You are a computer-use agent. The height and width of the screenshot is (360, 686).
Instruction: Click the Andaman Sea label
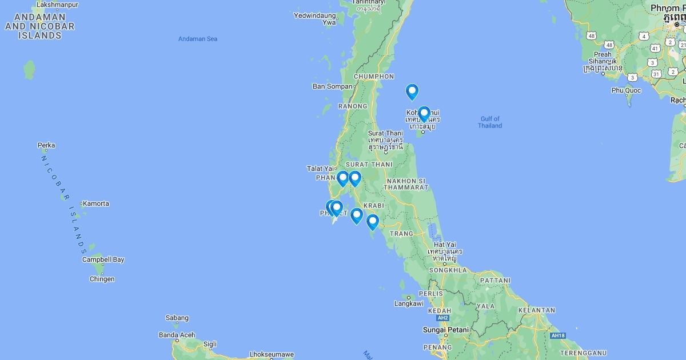(x=198, y=39)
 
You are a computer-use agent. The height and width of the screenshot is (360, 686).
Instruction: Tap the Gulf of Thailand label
(x=490, y=122)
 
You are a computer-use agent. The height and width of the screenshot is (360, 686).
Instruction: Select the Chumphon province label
(x=374, y=77)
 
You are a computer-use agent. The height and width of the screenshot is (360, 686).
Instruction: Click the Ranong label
(x=353, y=106)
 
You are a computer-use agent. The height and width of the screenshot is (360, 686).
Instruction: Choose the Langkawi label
(x=409, y=303)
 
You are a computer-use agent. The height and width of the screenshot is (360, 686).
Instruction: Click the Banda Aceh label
(x=177, y=335)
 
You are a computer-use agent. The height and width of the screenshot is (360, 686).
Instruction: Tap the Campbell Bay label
(x=103, y=259)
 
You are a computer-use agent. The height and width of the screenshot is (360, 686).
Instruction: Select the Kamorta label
(x=96, y=203)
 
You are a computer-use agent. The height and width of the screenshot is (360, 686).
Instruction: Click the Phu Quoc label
(x=626, y=90)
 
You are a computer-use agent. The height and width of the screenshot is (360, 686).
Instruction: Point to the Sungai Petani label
(x=445, y=330)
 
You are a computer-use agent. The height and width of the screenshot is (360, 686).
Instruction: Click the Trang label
(x=401, y=234)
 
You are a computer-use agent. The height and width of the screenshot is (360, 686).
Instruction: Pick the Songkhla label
(x=448, y=270)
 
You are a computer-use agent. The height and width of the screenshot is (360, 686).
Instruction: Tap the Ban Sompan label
(x=333, y=86)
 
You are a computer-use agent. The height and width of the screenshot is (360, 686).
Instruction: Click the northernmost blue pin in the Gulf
(x=412, y=91)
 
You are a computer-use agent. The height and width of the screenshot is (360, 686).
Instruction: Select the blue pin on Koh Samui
(x=424, y=114)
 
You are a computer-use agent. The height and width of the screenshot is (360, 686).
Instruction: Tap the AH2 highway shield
(x=442, y=318)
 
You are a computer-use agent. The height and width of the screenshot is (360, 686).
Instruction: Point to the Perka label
(x=46, y=145)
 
